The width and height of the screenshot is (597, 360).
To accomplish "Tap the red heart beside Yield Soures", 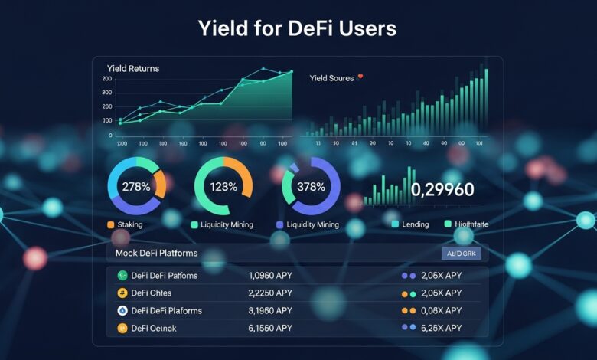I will (x=360, y=77).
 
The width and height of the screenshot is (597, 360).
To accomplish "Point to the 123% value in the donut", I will (x=223, y=188).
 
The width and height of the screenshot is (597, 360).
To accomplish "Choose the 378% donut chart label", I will (x=311, y=188).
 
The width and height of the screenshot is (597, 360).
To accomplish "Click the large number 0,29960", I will (x=442, y=190).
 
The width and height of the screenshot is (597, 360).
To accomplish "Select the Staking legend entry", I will (x=129, y=224).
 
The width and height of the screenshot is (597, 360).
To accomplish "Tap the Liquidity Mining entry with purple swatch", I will (x=311, y=224).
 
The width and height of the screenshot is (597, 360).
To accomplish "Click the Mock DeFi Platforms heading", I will (x=156, y=253).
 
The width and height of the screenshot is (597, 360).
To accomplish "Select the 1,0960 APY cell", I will (x=270, y=276).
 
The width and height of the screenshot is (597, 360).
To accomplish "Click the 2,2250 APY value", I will (x=270, y=293).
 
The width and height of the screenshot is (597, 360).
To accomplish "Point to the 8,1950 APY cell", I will (x=270, y=310).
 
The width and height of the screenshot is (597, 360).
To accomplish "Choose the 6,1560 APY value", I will (x=270, y=328).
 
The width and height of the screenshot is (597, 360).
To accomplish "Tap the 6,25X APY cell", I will (x=442, y=328).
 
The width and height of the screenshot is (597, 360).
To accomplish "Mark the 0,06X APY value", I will (x=442, y=310).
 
